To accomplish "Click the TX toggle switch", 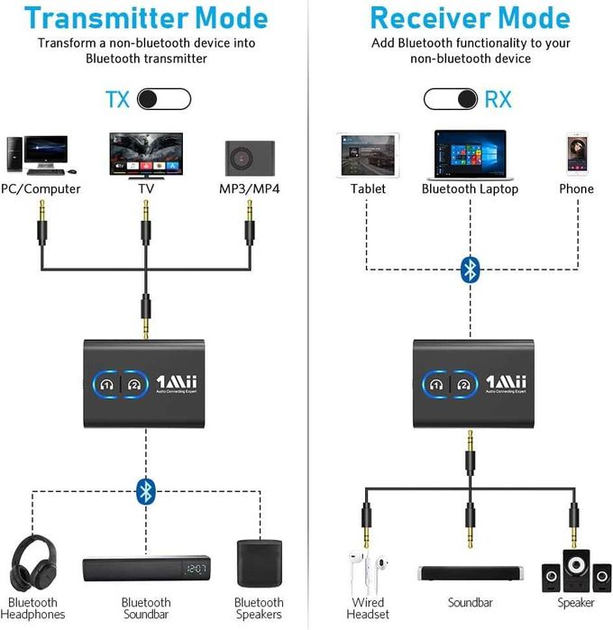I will point(165,98).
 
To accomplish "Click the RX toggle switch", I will point(451,98).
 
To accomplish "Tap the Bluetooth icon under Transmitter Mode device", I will point(146,490).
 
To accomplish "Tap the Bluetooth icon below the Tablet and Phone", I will point(470,269).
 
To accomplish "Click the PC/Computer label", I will point(41,189).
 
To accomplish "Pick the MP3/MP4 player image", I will point(250,157).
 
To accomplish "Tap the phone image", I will point(576,154).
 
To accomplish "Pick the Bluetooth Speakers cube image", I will point(259,563).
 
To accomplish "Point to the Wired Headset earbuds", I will point(367,570).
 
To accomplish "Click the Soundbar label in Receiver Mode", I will point(470,602).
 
